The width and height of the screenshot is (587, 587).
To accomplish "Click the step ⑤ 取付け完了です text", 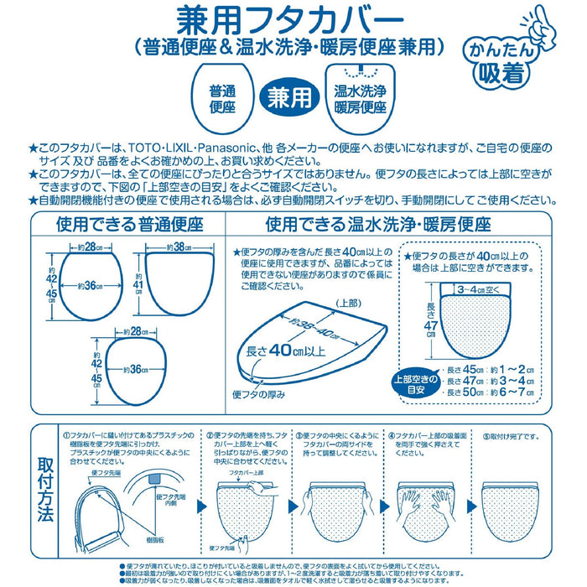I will pyautogui.click(x=510, y=435).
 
